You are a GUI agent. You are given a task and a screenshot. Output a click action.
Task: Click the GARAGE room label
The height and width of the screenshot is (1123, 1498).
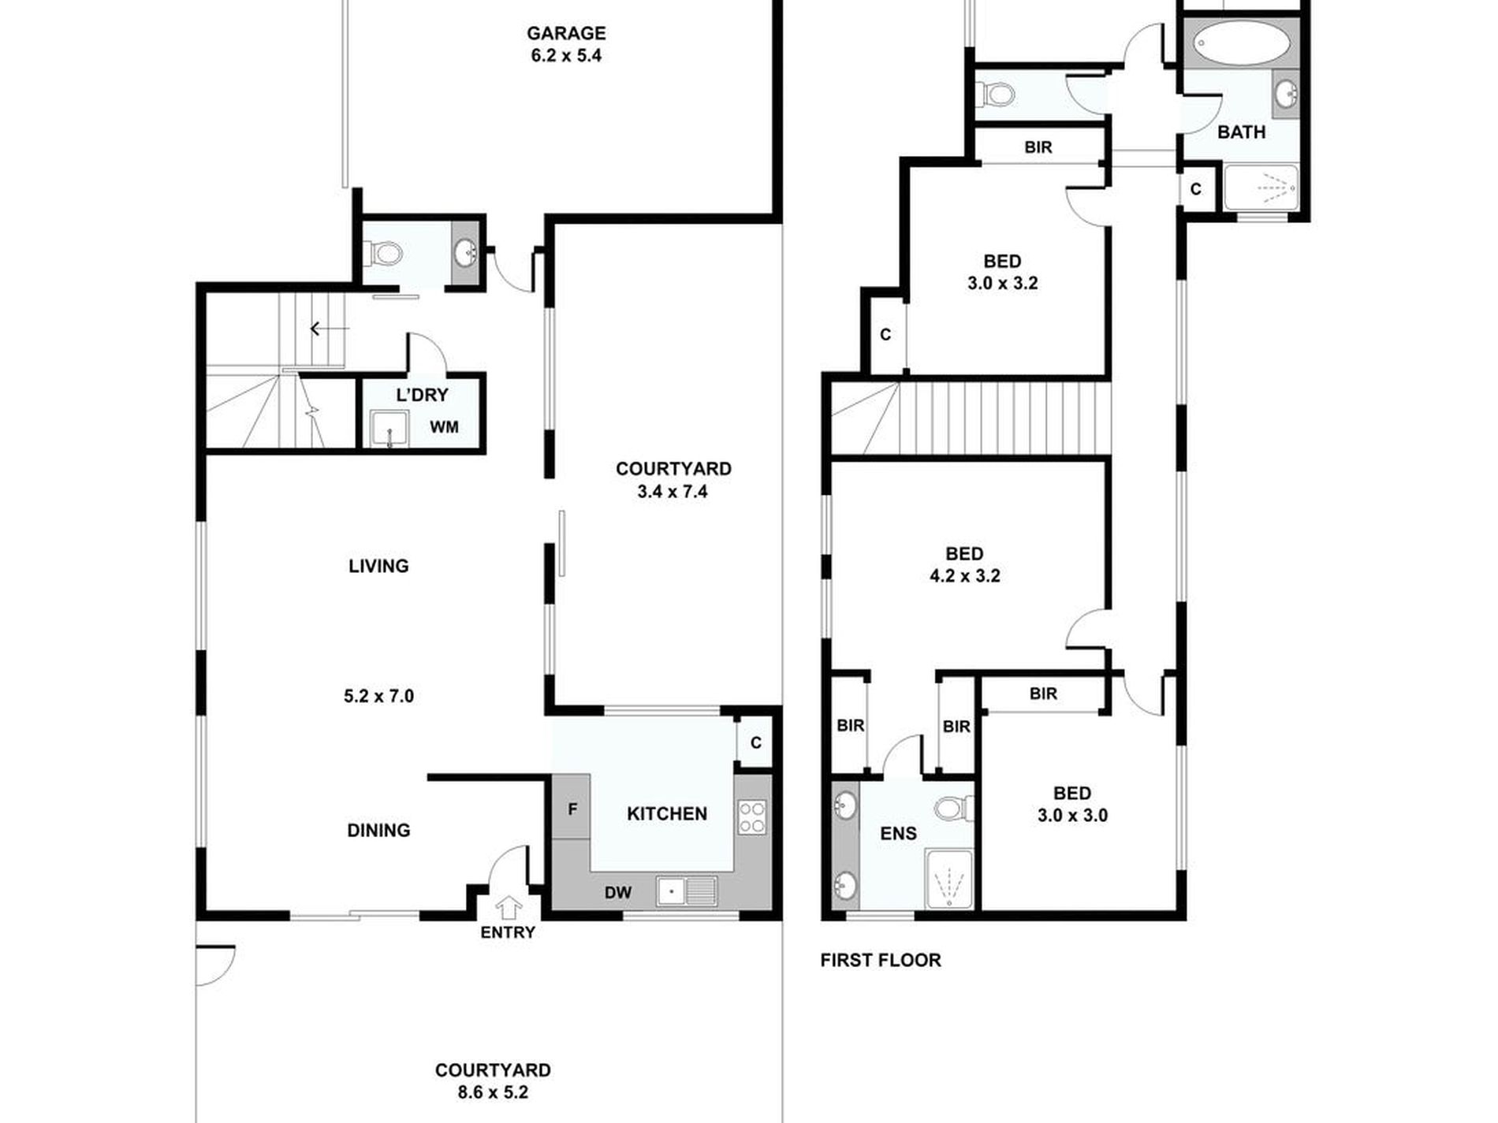[566, 33]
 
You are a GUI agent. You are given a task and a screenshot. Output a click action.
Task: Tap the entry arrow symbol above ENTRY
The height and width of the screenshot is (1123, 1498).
[509, 907]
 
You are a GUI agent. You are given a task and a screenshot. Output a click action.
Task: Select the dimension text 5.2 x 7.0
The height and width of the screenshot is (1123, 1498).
[378, 696]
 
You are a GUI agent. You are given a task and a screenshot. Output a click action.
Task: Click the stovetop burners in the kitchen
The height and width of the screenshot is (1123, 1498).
[752, 816]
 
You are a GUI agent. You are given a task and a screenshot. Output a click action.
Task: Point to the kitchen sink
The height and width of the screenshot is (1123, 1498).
[687, 891]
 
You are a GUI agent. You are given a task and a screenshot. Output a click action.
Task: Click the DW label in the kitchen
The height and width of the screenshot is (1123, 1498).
[618, 892]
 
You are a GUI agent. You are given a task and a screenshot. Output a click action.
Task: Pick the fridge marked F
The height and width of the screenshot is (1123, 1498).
[572, 807]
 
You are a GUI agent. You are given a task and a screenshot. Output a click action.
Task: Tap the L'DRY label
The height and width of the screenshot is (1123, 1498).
[422, 395]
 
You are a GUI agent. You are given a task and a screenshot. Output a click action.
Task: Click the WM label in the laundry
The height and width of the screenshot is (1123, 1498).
[444, 427]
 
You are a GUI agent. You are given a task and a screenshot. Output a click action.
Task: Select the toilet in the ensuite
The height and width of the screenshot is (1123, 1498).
[954, 808]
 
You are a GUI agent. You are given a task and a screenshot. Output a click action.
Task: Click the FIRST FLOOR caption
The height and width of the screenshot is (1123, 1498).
[881, 960]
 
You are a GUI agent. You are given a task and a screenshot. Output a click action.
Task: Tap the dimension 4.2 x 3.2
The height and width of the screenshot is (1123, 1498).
[965, 576]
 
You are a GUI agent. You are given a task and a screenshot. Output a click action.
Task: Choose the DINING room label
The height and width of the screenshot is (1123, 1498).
[378, 830]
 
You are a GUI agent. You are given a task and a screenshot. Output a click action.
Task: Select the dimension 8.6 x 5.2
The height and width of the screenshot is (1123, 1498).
[493, 1092]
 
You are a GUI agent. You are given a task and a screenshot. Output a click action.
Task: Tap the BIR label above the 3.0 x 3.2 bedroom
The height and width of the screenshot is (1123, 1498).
[1038, 147]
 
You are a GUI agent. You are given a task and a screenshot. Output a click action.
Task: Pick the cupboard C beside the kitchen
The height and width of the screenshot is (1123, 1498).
[756, 742]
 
